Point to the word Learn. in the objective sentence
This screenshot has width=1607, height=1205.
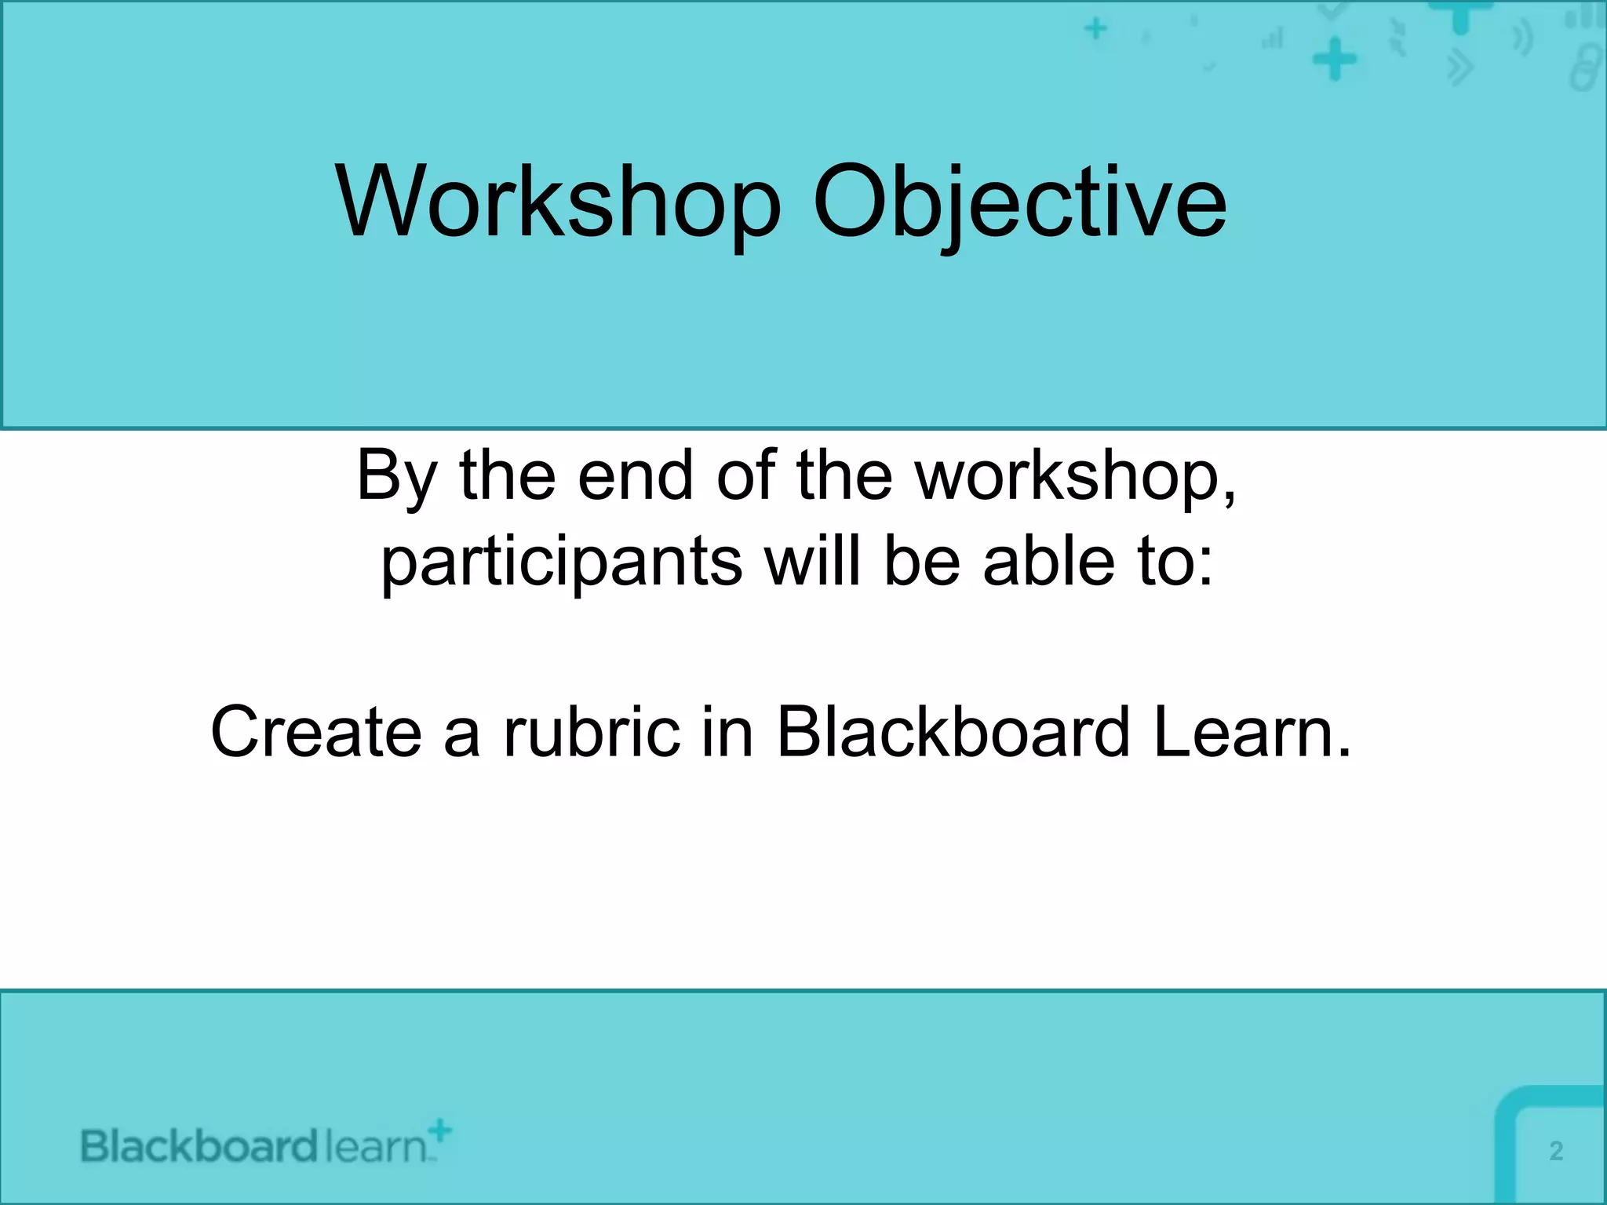(x=1252, y=731)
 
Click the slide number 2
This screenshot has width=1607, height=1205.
(x=1556, y=1151)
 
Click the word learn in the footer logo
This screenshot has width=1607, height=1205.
(x=375, y=1146)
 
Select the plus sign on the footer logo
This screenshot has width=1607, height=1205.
(x=441, y=1130)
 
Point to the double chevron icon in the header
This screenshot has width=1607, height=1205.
(x=1459, y=68)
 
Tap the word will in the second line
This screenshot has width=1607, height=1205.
(x=813, y=561)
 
